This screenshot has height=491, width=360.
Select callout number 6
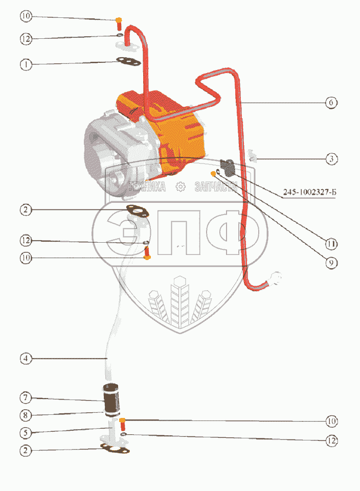pyautogui.click(x=331, y=102)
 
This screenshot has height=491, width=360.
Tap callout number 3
pyautogui.click(x=332, y=159)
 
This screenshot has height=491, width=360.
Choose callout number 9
pyautogui.click(x=331, y=263)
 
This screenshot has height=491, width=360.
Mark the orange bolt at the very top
pyautogui.click(x=119, y=22)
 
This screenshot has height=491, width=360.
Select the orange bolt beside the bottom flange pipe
pyautogui.click(x=123, y=423)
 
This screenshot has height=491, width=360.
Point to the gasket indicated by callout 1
pyautogui.click(x=128, y=62)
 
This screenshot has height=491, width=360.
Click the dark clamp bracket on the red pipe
pyautogui.click(x=228, y=166)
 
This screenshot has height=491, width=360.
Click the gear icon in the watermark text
pyautogui.click(x=180, y=187)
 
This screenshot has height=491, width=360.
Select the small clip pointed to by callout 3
pyautogui.click(x=252, y=155)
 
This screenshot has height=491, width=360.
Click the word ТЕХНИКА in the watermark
pyautogui.click(x=147, y=187)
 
